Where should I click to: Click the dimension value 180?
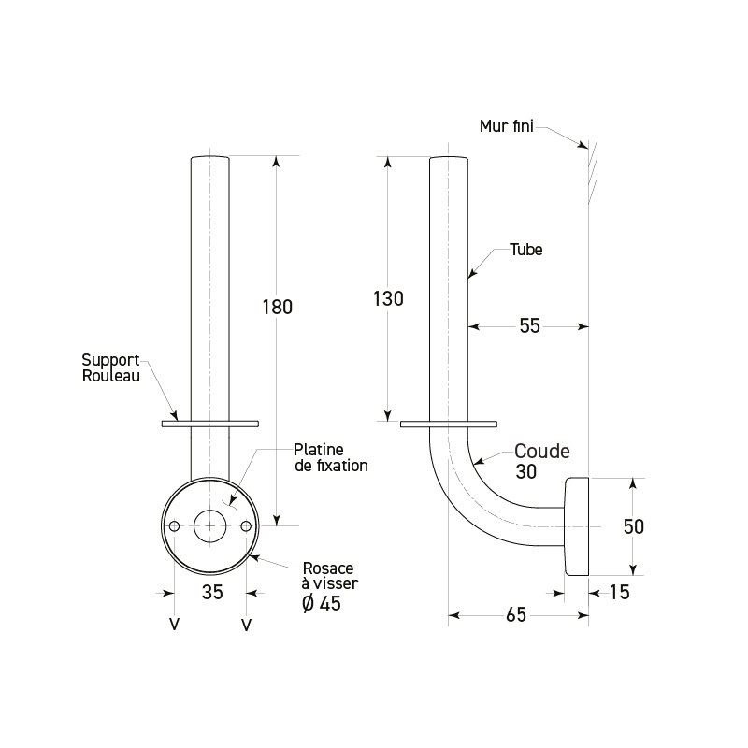278,307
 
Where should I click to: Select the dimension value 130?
388,299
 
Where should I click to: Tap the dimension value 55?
529,325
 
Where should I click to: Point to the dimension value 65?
515,614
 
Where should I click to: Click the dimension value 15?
619,591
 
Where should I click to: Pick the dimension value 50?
634,526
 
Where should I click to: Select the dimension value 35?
212,591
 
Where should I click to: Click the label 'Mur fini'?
506,126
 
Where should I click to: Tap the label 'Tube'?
525,250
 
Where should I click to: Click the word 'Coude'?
541,451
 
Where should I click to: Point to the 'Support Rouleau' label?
109,367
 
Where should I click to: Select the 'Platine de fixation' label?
330,456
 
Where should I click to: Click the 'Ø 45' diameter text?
323,603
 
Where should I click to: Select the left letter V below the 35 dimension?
174,624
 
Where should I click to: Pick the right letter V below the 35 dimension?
246,624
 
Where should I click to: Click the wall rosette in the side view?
575,525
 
